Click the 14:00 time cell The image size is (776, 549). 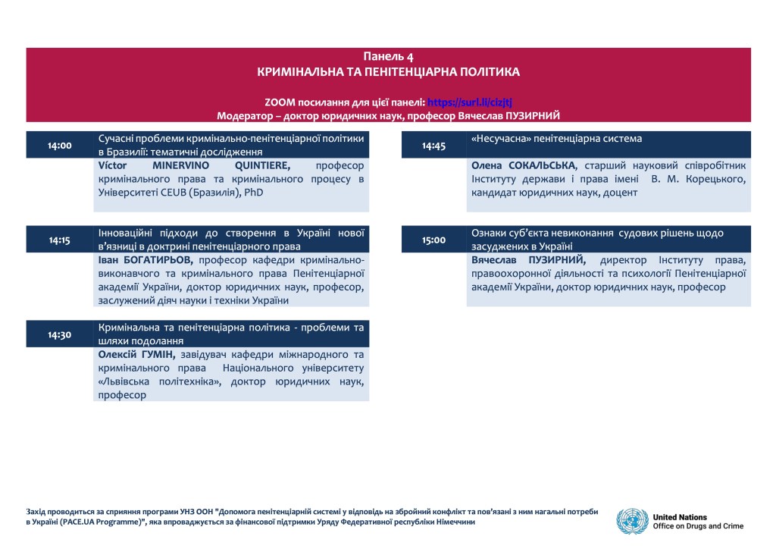click(x=59, y=145)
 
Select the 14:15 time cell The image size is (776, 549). click(x=59, y=240)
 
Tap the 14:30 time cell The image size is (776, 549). click(x=59, y=334)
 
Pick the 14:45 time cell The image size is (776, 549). click(x=433, y=145)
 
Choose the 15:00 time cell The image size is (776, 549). click(x=433, y=240)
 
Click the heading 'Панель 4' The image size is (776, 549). click(x=388, y=57)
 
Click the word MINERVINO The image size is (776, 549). click(x=181, y=165)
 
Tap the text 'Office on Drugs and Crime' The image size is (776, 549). click(x=698, y=526)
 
